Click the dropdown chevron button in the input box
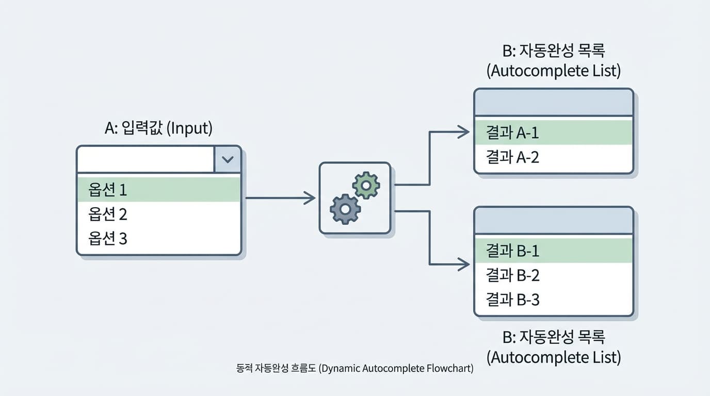coord(228,159)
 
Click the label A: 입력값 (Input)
coord(158,128)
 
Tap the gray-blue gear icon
coord(345,209)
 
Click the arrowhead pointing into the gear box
coord(310,197)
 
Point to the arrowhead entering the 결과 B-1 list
coord(463,265)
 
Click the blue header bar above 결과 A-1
coord(553,102)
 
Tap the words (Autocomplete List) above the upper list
coord(553,71)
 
